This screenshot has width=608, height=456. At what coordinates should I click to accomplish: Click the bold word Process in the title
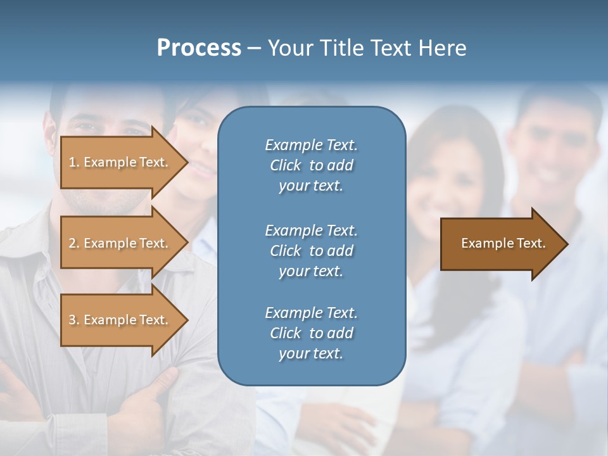pos(199,48)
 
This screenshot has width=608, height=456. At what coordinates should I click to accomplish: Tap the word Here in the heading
pos(442,48)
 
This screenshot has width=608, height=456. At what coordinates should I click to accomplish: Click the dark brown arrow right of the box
pos(500,243)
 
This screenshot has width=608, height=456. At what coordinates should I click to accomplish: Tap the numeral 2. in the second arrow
pos(73,243)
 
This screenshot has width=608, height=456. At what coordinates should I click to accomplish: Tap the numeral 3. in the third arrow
pos(73,320)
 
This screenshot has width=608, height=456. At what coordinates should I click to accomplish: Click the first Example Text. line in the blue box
pos(311,145)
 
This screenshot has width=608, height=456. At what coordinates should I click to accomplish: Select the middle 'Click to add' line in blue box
pos(311,251)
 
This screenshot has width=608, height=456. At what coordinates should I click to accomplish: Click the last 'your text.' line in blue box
pos(311,354)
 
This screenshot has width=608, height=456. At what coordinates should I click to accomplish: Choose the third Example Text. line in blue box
pos(311,313)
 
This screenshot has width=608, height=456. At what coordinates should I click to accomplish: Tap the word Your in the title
pos(288,48)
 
